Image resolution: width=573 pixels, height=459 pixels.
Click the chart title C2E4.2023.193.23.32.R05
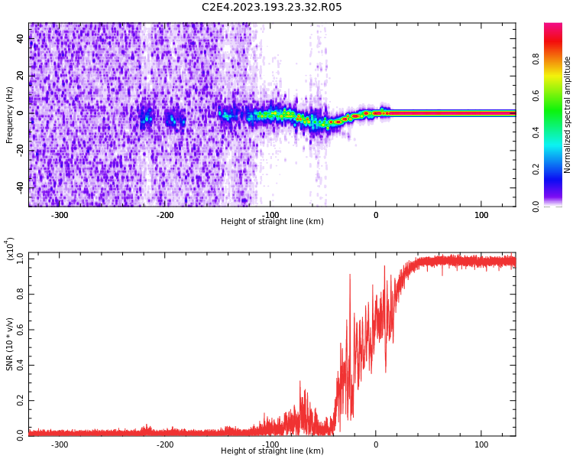point(272,8)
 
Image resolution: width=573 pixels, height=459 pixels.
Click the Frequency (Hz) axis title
point(10,115)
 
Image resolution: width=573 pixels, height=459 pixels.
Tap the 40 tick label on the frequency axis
point(21,39)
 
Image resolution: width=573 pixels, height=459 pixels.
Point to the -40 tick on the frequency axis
point(19,187)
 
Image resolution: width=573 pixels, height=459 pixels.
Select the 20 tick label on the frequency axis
point(21,76)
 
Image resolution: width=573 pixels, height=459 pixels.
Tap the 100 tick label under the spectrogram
point(481,215)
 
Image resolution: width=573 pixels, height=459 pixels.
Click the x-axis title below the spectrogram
point(272,222)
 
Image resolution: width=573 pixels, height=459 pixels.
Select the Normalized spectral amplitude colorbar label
point(568,115)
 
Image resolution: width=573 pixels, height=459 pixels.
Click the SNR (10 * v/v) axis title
point(10,344)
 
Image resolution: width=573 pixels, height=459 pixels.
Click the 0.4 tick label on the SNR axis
point(21,364)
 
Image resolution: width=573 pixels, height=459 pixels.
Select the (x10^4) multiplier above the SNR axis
point(10,249)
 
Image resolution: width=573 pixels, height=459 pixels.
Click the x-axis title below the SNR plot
point(272,451)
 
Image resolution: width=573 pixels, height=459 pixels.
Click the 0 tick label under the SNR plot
point(376,444)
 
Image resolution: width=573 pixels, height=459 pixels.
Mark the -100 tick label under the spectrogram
point(270,215)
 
